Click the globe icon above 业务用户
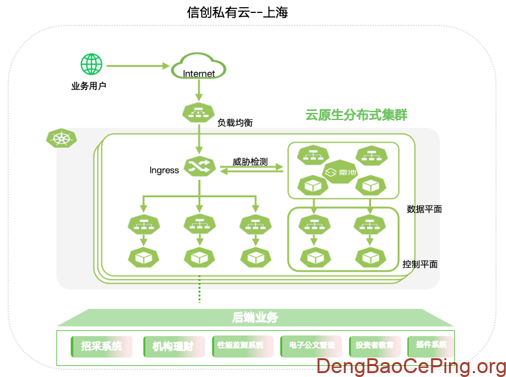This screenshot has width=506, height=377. [91, 64]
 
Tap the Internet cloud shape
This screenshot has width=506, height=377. [199, 68]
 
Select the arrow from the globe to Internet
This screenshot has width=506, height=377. [138, 66]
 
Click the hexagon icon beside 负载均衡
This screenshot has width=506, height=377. [199, 112]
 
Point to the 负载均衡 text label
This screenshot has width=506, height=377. [235, 122]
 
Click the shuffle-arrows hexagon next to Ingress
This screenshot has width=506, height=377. [199, 167]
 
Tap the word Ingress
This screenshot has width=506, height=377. [164, 171]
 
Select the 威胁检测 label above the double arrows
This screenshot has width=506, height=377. [250, 162]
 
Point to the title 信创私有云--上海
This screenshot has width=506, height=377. [237, 12]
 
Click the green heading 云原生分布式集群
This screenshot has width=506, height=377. [356, 116]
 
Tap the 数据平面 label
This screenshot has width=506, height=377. [424, 209]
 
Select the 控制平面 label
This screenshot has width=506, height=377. [420, 264]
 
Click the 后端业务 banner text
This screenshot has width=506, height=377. [255, 318]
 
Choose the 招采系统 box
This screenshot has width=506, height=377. [101, 346]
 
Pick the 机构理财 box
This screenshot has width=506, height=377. [169, 346]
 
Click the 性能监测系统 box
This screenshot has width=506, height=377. [238, 346]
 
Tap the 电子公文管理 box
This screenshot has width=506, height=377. [311, 346]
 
